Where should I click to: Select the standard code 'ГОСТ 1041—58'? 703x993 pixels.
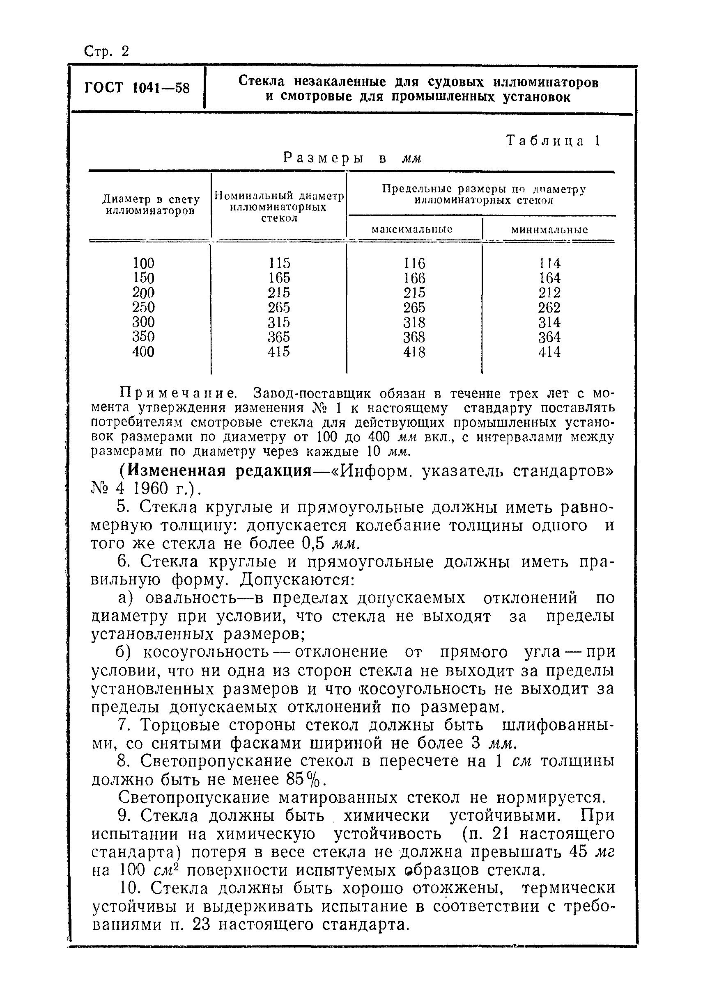coord(137,88)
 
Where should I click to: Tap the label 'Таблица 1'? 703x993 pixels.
coord(553,141)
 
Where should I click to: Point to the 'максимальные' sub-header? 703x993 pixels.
coord(412,229)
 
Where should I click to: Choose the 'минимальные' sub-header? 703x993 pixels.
coord(549,230)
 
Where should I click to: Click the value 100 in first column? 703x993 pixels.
coord(143,263)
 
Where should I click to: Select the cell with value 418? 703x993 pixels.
coord(414,352)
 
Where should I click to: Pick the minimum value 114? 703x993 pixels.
coord(549,263)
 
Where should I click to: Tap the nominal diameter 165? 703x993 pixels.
coord(279,278)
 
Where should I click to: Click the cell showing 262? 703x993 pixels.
coord(549,308)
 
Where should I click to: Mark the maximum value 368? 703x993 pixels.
coord(414,337)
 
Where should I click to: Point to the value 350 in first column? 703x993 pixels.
coord(143,336)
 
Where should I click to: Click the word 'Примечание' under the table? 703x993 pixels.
coord(178,394)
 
